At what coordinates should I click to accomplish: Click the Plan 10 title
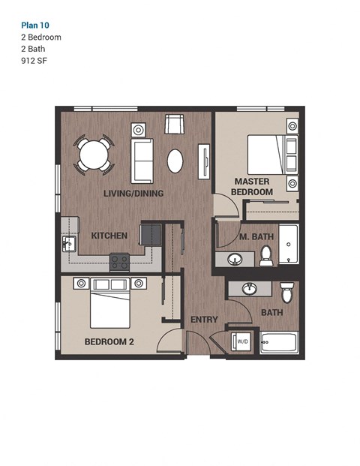[x=36, y=24]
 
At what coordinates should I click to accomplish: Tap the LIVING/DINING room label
[x=133, y=193]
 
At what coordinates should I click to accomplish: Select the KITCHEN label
[x=109, y=236]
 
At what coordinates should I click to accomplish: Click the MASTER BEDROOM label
[x=252, y=187]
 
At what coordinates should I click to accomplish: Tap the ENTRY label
[x=204, y=320]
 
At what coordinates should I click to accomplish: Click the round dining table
[x=94, y=155]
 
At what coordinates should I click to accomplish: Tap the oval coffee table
[x=175, y=161]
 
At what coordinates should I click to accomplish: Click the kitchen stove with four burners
[x=119, y=262]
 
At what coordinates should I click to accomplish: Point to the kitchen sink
[x=68, y=244]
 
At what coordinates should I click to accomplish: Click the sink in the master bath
[x=234, y=260]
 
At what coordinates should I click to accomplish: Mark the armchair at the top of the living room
[x=174, y=125]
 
